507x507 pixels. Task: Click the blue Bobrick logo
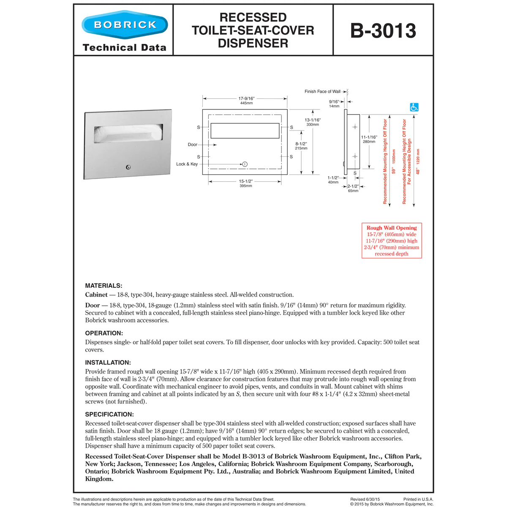125,25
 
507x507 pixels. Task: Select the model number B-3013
383,31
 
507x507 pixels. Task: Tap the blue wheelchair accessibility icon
414,107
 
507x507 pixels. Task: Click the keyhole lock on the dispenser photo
128,167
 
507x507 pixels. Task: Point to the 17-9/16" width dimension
246,98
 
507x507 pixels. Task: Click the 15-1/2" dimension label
246,181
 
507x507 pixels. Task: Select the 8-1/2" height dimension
301,144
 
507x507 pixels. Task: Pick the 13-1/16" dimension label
313,120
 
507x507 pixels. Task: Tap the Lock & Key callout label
187,164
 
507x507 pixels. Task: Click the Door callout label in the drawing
192,144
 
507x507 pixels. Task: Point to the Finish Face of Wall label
322,91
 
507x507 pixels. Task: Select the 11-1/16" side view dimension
369,137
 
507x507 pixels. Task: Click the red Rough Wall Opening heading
392,228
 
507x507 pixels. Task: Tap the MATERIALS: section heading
104,286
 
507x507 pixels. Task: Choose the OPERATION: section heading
104,333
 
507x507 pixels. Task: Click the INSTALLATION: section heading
108,363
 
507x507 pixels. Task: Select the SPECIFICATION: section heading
109,414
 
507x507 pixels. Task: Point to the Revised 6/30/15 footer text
365,499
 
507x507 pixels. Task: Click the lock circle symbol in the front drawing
245,164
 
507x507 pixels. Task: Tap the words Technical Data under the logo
125,48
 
